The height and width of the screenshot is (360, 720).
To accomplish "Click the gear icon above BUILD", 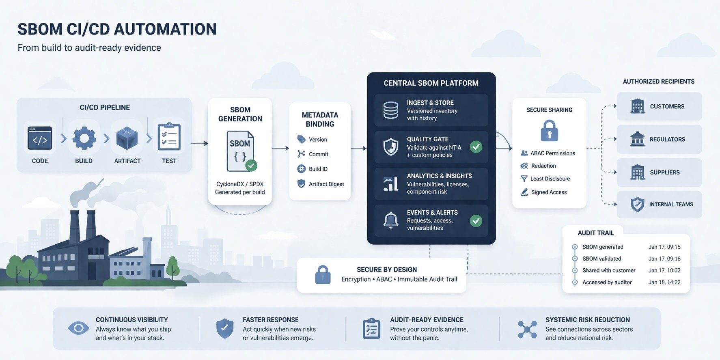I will click(x=84, y=138).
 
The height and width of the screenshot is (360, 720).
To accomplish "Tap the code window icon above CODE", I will click(x=40, y=138).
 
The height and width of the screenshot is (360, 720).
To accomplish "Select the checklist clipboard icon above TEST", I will click(x=169, y=137).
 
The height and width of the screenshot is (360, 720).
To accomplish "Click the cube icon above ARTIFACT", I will click(x=127, y=138).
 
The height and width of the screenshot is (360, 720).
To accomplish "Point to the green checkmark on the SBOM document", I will click(x=251, y=165).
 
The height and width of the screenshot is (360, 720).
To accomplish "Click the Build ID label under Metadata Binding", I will click(x=318, y=169).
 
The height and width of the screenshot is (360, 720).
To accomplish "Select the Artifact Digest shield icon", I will click(x=301, y=184).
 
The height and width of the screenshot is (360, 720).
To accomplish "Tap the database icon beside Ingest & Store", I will click(x=390, y=110).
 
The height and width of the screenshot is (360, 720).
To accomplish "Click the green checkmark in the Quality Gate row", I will click(x=476, y=147).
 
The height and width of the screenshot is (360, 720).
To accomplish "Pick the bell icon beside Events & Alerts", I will click(x=390, y=220).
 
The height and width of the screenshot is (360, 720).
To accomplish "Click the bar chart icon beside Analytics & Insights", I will click(x=390, y=183).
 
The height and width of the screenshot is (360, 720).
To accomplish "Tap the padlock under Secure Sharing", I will click(x=549, y=131).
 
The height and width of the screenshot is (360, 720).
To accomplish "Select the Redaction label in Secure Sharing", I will click(x=543, y=166).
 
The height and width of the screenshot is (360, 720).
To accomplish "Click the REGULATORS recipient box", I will click(x=659, y=139).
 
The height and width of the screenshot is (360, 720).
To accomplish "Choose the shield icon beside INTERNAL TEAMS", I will click(x=637, y=205).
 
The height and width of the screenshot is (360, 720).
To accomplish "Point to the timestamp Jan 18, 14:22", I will click(x=664, y=282).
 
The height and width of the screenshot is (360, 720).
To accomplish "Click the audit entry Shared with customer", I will click(x=609, y=270).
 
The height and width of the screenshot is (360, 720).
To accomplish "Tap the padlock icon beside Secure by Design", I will click(x=323, y=275).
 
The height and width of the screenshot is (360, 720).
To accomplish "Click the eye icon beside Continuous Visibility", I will click(x=78, y=328).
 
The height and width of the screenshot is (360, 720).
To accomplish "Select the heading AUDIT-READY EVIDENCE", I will click(x=427, y=320).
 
